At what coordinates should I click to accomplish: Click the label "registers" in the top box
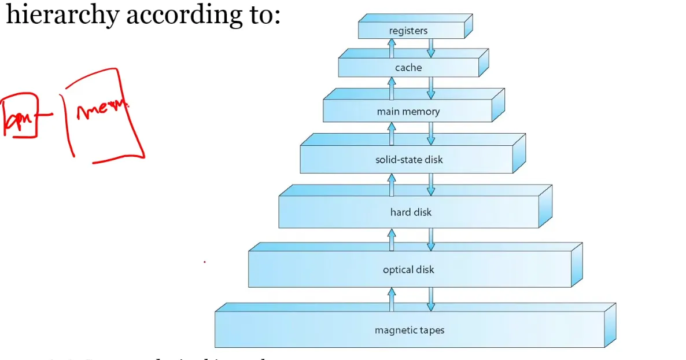(x=408, y=31)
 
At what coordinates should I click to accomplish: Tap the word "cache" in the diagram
(x=408, y=68)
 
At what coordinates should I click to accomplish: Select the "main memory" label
(x=408, y=112)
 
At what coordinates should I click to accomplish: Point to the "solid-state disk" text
(x=409, y=159)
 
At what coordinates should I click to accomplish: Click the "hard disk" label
(x=411, y=212)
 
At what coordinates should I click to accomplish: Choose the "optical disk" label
(x=408, y=270)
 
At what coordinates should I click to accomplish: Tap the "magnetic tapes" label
(x=410, y=330)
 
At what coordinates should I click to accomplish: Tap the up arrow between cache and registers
(x=392, y=48)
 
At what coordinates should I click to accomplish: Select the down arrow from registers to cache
(x=430, y=48)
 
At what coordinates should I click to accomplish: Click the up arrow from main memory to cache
(x=392, y=89)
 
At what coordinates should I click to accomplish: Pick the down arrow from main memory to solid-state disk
(x=430, y=133)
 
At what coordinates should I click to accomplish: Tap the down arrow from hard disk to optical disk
(x=430, y=238)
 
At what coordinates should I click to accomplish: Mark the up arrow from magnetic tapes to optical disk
(x=392, y=299)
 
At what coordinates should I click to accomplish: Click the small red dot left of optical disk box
(x=204, y=262)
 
